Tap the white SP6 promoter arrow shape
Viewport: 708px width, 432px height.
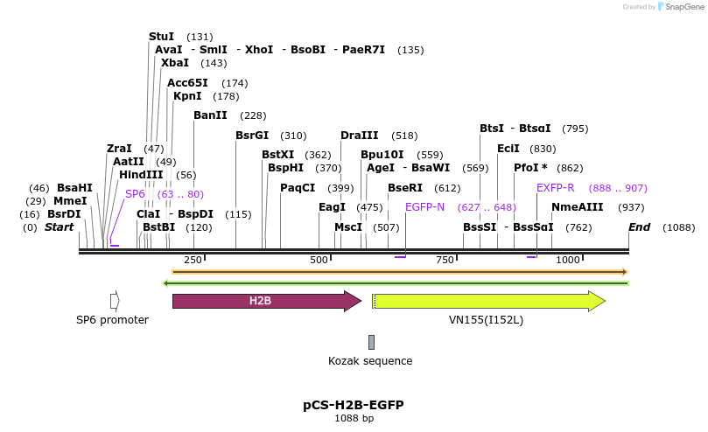[x=115, y=301]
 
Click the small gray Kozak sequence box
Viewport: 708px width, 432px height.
[x=371, y=342]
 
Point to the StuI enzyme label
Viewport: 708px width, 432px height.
[x=161, y=37]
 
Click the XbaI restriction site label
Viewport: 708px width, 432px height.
[x=174, y=63]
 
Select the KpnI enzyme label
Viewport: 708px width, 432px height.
[x=187, y=96]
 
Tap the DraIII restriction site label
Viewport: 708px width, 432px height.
[x=359, y=136]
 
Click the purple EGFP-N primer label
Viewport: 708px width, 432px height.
[x=424, y=207]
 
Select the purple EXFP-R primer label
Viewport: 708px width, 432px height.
[x=556, y=188]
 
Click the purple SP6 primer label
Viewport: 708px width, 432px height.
[x=135, y=194]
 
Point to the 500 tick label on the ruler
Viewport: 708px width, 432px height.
[x=319, y=260]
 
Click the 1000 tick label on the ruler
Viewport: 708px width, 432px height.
[x=568, y=260]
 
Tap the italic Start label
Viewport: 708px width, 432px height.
[x=59, y=227]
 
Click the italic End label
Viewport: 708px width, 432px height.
[x=639, y=227]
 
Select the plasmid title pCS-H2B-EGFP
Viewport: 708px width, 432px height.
[x=354, y=405]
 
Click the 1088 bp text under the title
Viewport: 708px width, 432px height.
[x=354, y=419]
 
